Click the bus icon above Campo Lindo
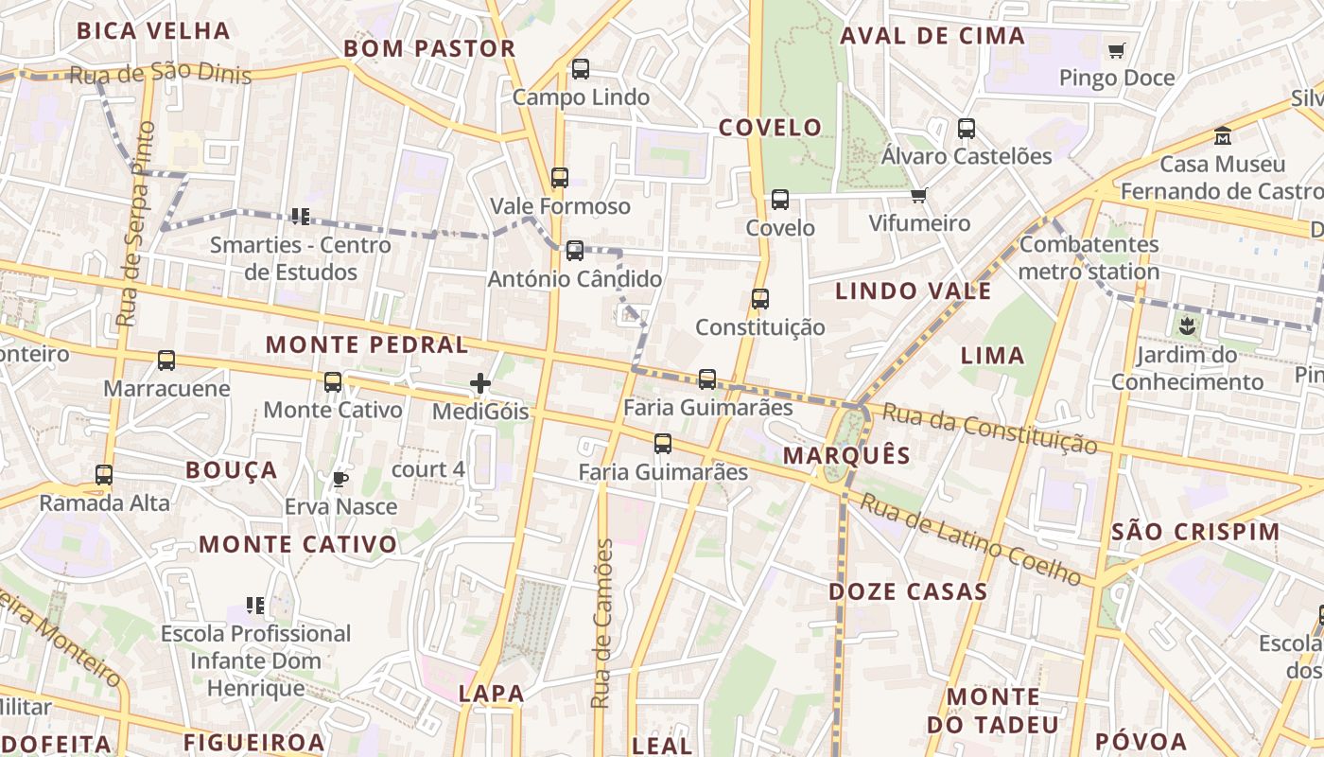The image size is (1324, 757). pos(581,69)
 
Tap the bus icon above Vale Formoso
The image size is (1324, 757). pos(560,178)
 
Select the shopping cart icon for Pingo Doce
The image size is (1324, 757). pos(1117,50)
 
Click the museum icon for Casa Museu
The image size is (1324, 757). pos(1223,136)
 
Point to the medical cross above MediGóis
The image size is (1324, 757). pos(480,383)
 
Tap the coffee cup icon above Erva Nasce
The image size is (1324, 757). pos(340,479)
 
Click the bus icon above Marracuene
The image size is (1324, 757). pos(166,361)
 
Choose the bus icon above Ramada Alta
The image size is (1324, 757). pos(104,475)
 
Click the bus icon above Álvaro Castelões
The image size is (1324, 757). pos(967,129)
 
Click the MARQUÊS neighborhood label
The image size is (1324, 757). pos(846,455)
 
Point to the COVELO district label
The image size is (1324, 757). pos(770,128)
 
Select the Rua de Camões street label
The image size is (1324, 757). pos(602,624)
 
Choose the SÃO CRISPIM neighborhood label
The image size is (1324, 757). pos(1195,531)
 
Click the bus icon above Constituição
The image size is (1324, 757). pos(760,299)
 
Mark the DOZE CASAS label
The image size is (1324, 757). pos(908,592)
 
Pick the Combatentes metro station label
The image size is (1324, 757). pos(1089,257)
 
